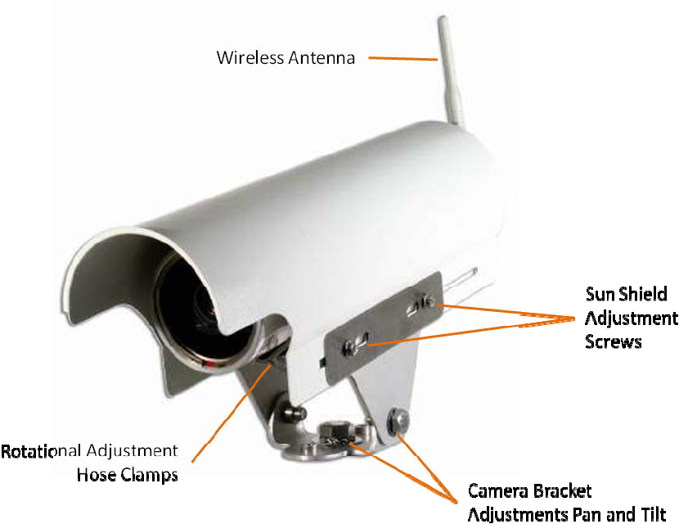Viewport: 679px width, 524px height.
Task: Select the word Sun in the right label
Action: click(600, 294)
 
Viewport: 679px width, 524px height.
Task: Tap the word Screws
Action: click(614, 341)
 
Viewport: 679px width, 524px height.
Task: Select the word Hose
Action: click(95, 475)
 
